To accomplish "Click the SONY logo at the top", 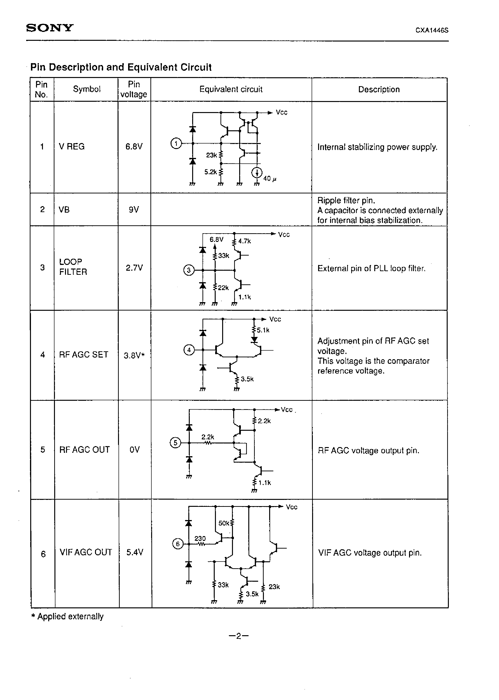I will pyautogui.click(x=50, y=28).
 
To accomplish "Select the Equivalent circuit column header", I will pyautogui.click(x=231, y=90).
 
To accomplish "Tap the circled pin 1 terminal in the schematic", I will pyautogui.click(x=176, y=143).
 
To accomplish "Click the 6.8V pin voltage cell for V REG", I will pyautogui.click(x=134, y=147).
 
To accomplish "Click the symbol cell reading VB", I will pyautogui.click(x=64, y=209).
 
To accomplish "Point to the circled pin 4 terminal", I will pyautogui.click(x=189, y=350).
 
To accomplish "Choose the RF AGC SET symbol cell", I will pyautogui.click(x=83, y=355).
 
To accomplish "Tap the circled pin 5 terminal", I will pyautogui.click(x=175, y=443).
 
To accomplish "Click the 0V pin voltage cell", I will pyautogui.click(x=135, y=449).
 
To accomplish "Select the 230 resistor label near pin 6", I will pyautogui.click(x=200, y=538).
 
